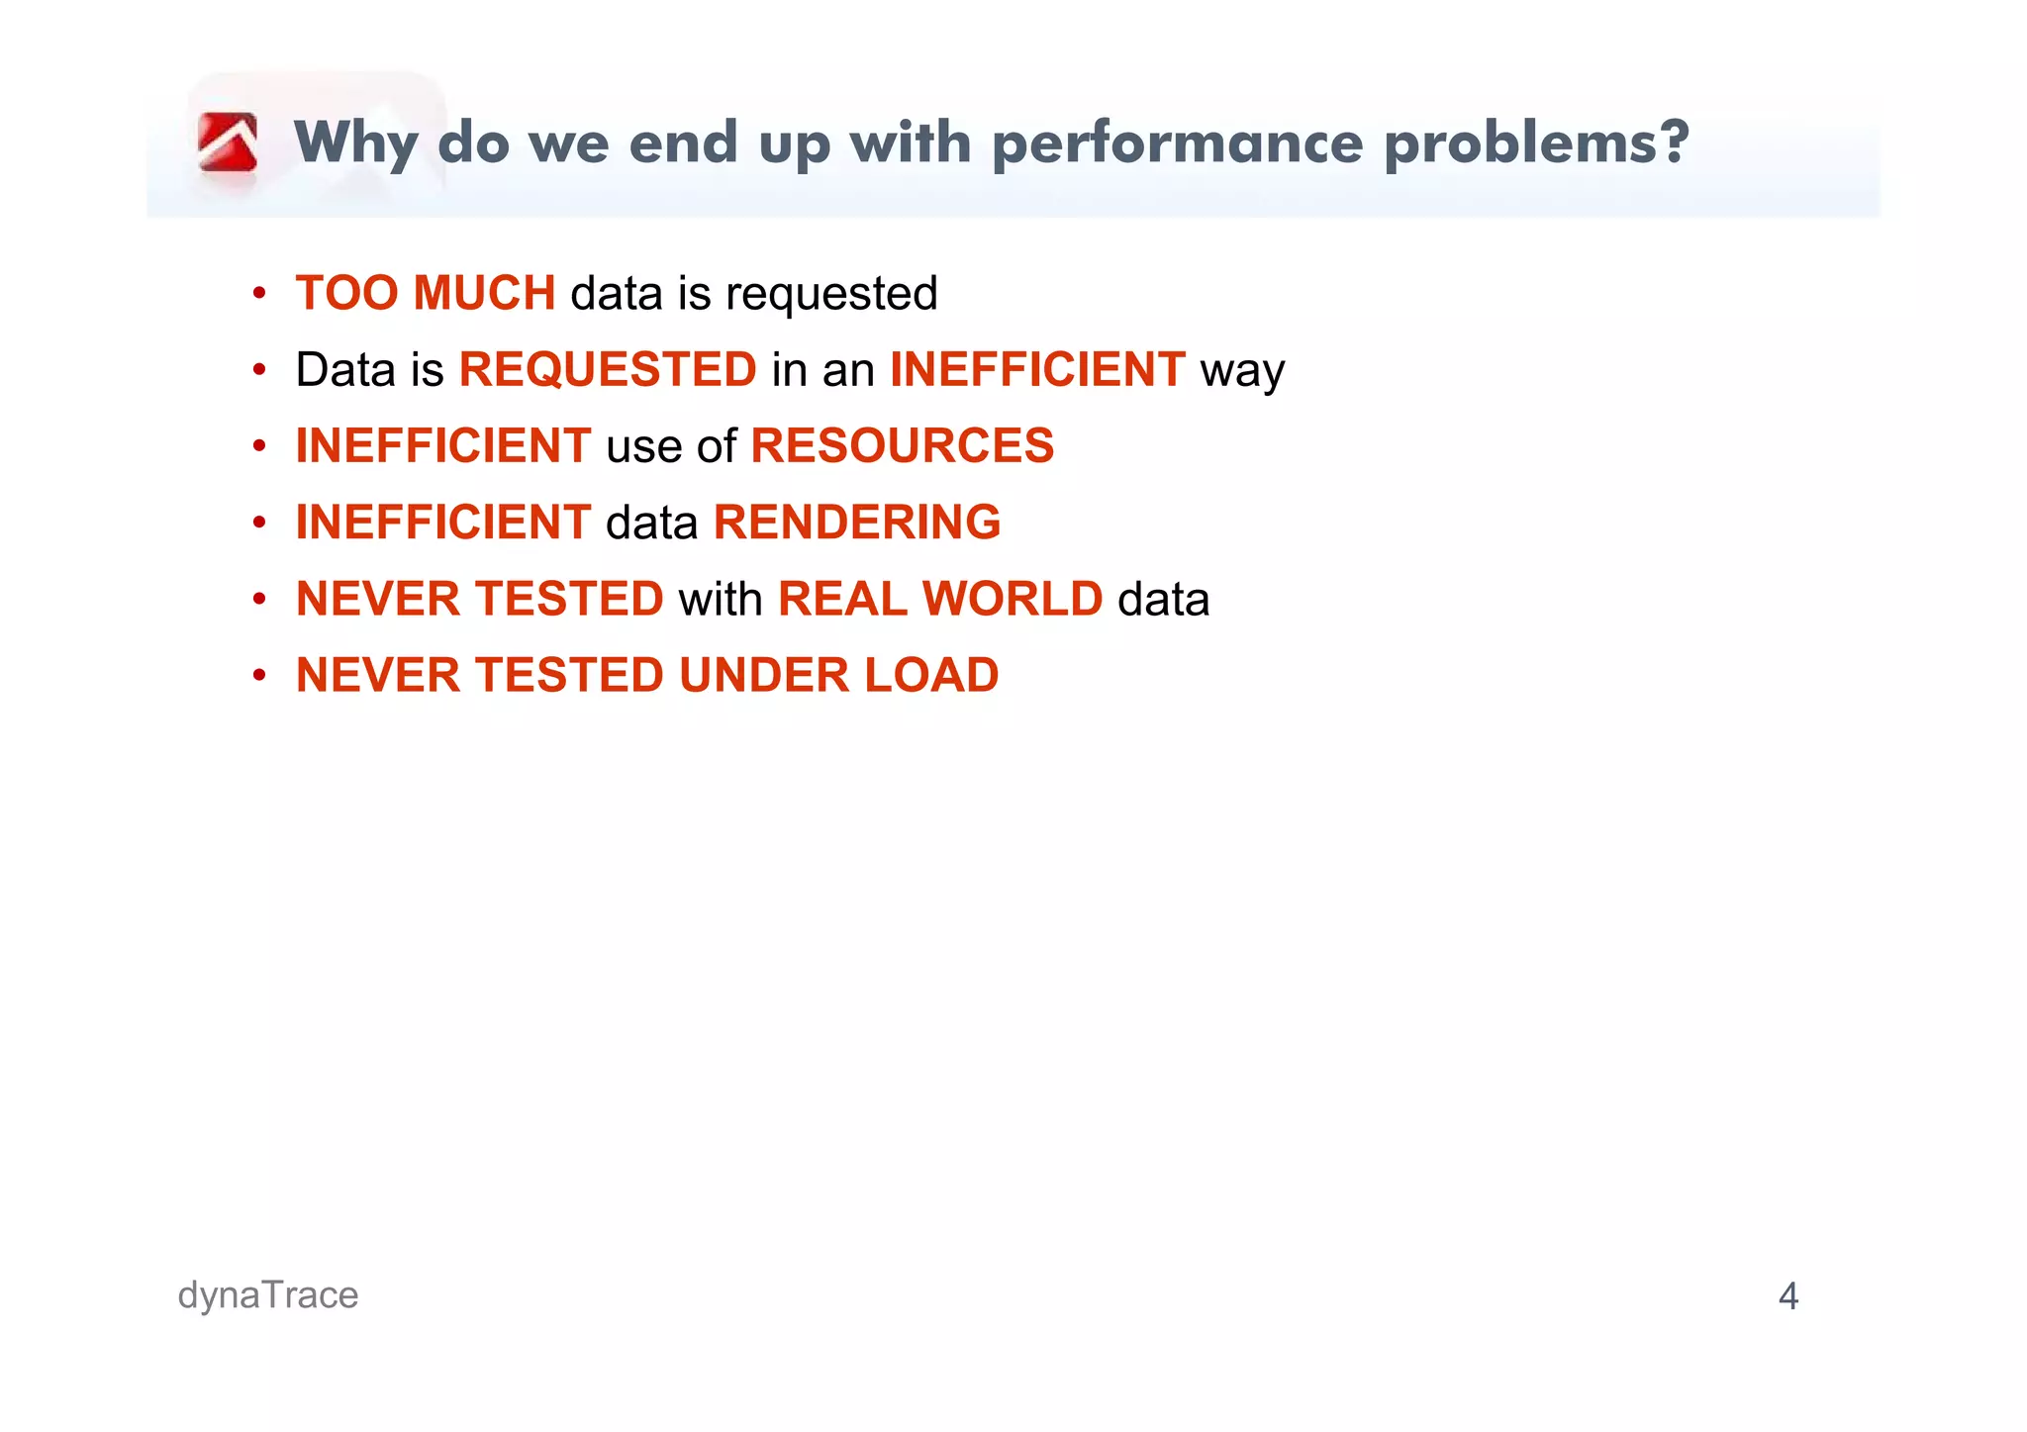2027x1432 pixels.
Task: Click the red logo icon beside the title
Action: [228, 143]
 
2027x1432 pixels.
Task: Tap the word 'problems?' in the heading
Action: [1535, 144]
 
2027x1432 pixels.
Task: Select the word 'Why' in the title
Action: [356, 144]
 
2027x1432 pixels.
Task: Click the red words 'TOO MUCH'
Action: [426, 293]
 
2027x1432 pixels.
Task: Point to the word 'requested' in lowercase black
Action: [830, 295]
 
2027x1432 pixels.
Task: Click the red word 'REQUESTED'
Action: [608, 370]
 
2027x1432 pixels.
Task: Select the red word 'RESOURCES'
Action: [902, 445]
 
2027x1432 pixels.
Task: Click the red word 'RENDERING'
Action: [856, 523]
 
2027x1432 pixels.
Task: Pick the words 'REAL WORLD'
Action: [939, 599]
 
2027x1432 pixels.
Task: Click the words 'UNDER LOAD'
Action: [838, 675]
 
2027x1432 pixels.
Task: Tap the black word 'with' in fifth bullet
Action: [720, 599]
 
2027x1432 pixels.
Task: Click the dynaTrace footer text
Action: [268, 1295]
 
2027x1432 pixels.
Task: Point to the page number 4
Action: [1787, 1296]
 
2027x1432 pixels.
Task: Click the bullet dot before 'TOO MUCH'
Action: [259, 294]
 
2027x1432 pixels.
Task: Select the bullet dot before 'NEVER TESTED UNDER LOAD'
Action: [259, 676]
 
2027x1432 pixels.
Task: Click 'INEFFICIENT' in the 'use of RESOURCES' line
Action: [443, 445]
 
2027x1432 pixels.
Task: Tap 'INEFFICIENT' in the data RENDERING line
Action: [443, 523]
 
